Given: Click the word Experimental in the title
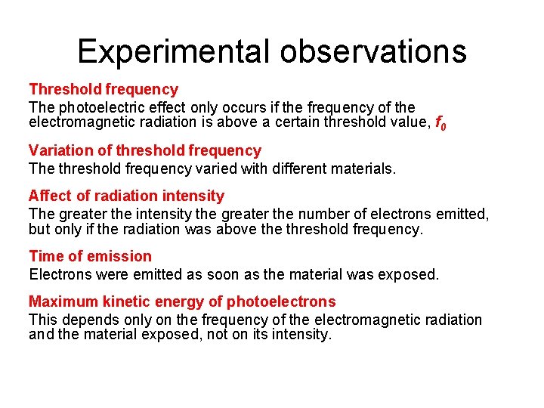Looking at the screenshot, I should tap(173, 51).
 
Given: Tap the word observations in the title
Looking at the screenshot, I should tap(373, 51).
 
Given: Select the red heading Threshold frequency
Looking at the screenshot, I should tap(104, 90).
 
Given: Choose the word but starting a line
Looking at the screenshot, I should tap(40, 227).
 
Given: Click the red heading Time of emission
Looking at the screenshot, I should tap(90, 256).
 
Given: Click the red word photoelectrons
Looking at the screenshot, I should tap(281, 301).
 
